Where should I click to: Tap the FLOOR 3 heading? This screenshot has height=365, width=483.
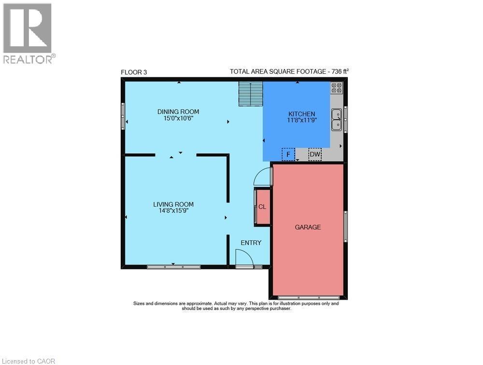click(134, 72)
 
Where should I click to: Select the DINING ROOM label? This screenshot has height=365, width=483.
click(178, 112)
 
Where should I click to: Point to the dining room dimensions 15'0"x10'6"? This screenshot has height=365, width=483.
click(178, 119)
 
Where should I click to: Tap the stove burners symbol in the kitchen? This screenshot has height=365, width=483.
click(337, 87)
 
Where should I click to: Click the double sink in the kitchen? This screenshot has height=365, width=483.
click(336, 120)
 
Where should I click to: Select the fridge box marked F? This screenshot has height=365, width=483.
click(288, 154)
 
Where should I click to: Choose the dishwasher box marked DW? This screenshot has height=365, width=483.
click(315, 154)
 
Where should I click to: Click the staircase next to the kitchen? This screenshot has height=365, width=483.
click(251, 93)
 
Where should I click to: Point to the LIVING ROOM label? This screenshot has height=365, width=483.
click(173, 204)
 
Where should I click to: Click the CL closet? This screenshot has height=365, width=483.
click(262, 207)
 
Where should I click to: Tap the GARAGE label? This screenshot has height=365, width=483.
click(308, 227)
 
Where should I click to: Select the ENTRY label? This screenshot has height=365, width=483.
click(251, 242)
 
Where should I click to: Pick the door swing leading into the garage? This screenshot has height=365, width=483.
click(263, 176)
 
